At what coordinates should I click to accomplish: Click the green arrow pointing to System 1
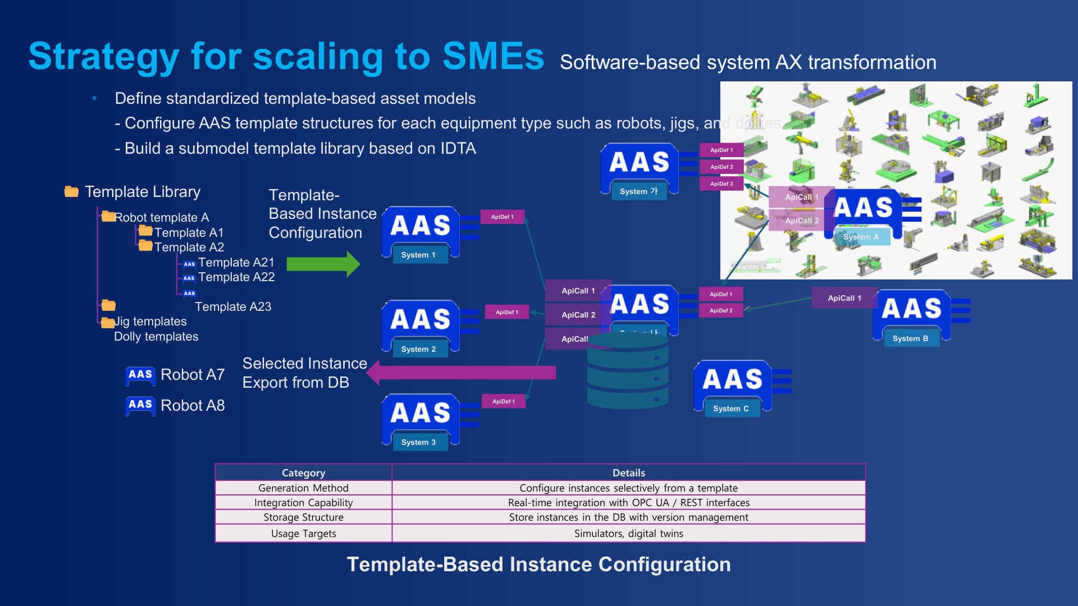tap(323, 264)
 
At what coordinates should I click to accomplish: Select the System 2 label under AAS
tap(418, 349)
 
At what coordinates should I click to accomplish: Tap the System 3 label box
tap(418, 442)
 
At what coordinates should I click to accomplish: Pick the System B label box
tap(910, 338)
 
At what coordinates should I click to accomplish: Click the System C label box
tap(730, 408)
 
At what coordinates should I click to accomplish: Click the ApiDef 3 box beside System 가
tap(721, 183)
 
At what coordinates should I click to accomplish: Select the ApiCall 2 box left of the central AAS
tap(578, 315)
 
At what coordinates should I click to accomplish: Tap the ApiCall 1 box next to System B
tap(844, 298)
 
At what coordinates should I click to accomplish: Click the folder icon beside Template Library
tap(71, 192)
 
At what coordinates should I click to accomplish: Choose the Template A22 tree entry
tap(236, 277)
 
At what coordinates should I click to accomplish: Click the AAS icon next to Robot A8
tap(140, 405)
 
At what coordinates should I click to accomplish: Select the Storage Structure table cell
tap(303, 517)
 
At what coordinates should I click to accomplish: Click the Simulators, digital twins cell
tap(628, 534)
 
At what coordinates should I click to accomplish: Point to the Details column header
tap(628, 472)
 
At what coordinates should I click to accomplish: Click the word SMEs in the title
tap(493, 56)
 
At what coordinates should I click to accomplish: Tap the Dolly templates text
tap(156, 337)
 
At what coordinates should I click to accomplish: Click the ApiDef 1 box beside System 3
tap(503, 401)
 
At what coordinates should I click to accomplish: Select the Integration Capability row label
tap(303, 503)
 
